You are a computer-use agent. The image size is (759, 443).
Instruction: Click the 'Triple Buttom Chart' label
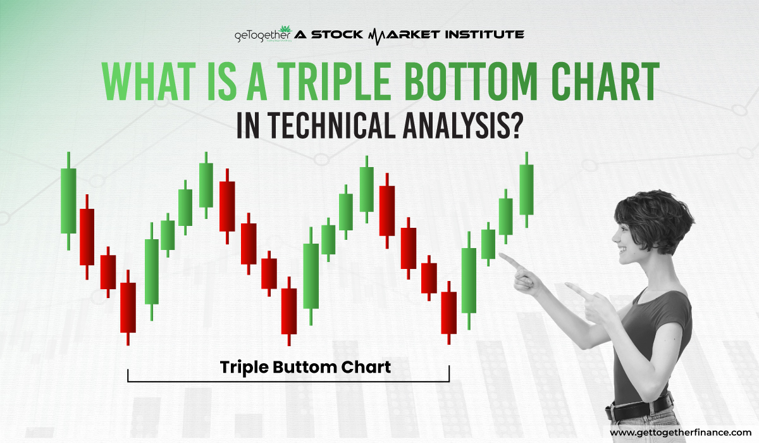point(305,366)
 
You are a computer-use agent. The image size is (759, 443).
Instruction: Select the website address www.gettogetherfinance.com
point(680,432)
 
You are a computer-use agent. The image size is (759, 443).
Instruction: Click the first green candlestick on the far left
point(68,200)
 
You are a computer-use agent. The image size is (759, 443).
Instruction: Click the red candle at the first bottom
point(128,307)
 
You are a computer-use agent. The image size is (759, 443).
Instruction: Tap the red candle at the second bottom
point(289,311)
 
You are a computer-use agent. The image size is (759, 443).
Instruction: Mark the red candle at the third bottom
point(449,313)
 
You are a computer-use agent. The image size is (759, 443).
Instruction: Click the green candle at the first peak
point(206,185)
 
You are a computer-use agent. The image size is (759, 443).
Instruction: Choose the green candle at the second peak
point(366,189)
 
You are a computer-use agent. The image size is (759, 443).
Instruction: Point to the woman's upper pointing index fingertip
point(502,256)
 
